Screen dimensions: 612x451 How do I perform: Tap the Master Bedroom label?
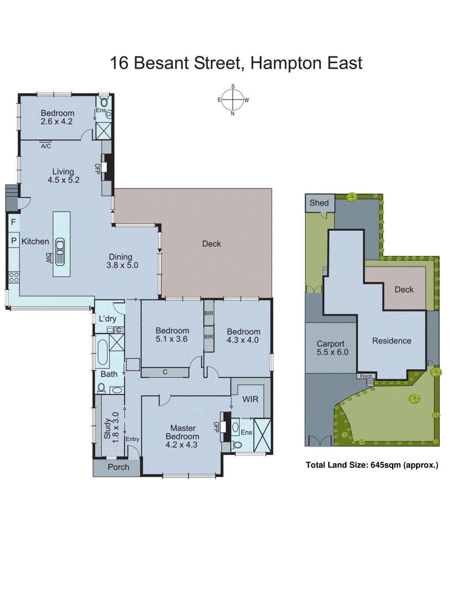[182, 436]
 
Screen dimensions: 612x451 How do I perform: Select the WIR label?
[250, 399]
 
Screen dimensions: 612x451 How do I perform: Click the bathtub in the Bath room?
[103, 352]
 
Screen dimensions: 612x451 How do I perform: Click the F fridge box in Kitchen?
[13, 222]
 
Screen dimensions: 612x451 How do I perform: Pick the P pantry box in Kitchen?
[14, 241]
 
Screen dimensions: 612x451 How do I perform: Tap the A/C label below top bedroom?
[46, 146]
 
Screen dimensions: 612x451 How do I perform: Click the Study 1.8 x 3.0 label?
[111, 428]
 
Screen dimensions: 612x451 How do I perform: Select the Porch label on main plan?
[118, 467]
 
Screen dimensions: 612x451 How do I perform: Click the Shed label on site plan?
[319, 203]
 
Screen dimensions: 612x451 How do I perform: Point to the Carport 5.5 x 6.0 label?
[332, 348]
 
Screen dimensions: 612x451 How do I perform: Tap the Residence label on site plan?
[391, 341]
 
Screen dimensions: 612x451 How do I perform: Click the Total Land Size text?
[372, 465]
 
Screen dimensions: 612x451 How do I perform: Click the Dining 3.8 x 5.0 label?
[122, 261]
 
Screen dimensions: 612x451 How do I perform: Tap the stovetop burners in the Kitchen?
[14, 277]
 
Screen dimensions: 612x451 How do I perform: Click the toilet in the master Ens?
[237, 445]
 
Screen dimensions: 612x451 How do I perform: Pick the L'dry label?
[107, 319]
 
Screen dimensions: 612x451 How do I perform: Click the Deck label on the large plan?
[212, 244]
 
